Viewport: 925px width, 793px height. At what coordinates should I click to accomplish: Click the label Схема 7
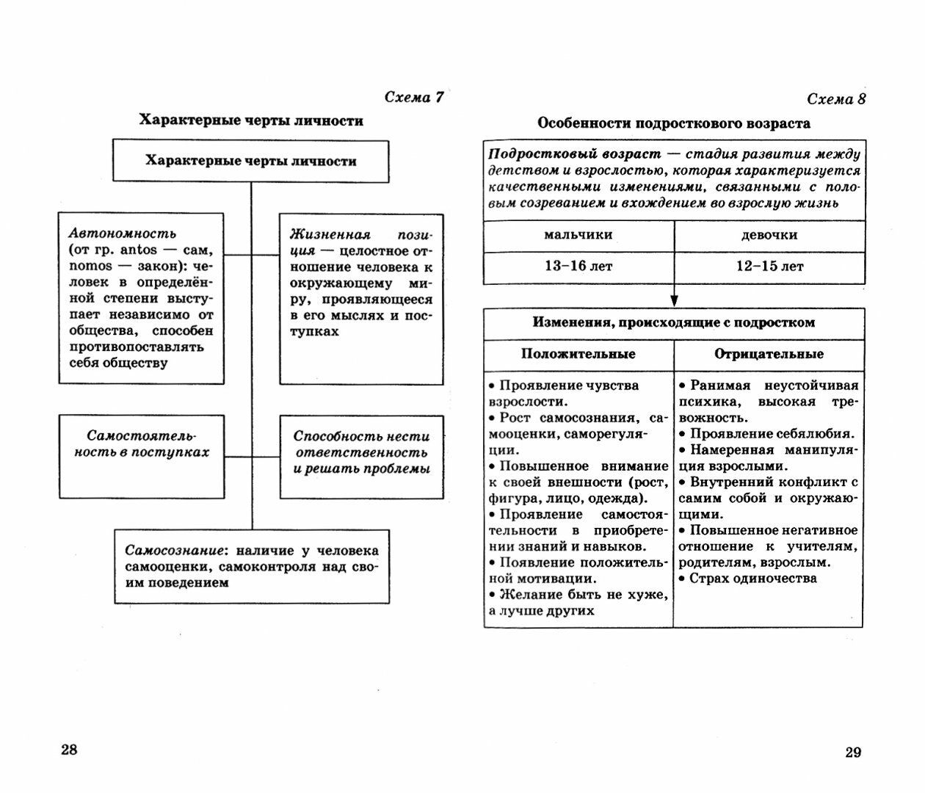tap(414, 98)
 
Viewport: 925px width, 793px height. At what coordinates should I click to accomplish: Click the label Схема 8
tap(836, 99)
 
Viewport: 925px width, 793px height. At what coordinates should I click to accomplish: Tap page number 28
tap(69, 750)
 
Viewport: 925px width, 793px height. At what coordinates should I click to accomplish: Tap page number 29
tap(852, 752)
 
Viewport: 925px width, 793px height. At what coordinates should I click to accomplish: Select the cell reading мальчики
tap(578, 236)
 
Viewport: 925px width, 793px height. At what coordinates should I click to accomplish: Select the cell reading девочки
tap(769, 236)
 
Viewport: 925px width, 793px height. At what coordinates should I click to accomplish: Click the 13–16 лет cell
tap(578, 266)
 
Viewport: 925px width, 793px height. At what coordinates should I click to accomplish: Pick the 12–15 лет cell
tap(769, 266)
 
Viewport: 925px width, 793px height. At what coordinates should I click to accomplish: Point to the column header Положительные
tap(578, 354)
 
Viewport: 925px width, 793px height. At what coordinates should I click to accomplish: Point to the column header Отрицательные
tap(769, 354)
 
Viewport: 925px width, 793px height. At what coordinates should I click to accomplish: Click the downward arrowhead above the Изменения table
tap(674, 300)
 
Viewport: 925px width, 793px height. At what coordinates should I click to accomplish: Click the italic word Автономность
tap(123, 233)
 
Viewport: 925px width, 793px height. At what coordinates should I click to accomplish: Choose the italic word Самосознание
tap(173, 551)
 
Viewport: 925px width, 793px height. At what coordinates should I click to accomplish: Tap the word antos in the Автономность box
tap(139, 250)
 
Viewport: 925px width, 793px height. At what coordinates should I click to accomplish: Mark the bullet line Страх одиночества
tap(752, 579)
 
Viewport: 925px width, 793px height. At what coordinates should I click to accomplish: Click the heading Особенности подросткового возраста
tap(673, 123)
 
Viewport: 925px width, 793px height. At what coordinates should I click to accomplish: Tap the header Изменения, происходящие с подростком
tap(673, 322)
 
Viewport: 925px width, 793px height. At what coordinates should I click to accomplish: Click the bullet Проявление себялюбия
tap(771, 434)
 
